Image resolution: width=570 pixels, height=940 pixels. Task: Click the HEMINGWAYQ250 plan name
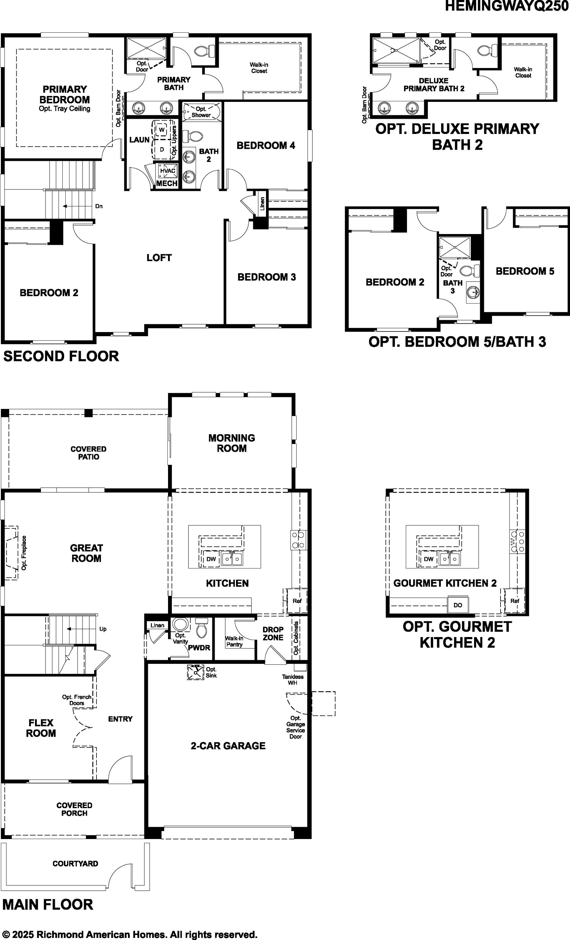[507, 6]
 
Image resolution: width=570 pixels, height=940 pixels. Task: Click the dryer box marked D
[162, 149]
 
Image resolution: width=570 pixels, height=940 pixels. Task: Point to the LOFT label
[159, 257]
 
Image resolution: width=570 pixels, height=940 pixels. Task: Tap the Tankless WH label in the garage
[293, 680]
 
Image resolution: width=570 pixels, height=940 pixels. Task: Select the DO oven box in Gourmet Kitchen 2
[458, 605]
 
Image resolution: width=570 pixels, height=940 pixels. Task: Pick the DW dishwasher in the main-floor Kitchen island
[211, 559]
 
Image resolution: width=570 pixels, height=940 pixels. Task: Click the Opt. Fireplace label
[24, 553]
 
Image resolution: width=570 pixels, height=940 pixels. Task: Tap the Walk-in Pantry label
[234, 641]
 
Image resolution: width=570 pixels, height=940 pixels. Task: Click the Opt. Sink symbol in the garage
[196, 672]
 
